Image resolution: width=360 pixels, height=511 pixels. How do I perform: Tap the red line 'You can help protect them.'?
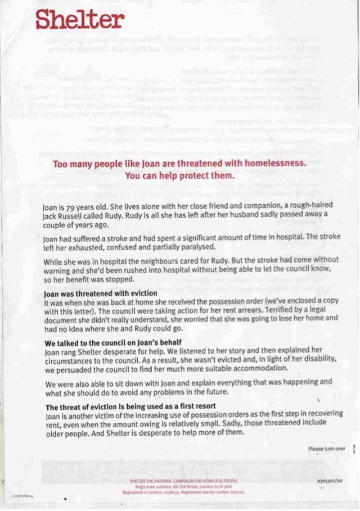(179, 175)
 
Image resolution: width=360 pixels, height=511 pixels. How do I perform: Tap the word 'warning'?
(58, 270)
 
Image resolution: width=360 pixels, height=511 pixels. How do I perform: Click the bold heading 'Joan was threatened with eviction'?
(101, 293)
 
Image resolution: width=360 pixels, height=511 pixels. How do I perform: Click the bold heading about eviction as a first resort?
(130, 406)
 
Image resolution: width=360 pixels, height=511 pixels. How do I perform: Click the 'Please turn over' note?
(326, 449)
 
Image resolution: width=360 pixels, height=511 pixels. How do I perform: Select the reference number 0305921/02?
(330, 481)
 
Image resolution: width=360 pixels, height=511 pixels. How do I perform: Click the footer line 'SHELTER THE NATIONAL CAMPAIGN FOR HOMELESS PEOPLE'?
(183, 481)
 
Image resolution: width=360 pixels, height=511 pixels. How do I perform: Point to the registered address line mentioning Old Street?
(183, 486)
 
